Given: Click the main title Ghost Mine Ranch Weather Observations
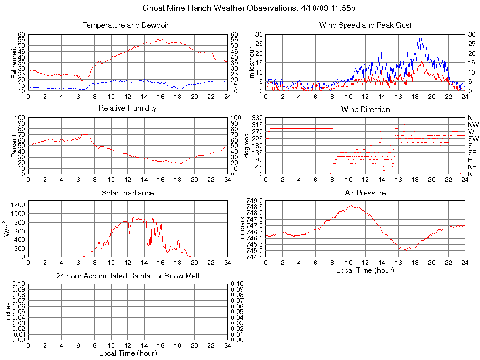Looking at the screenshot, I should point(252,8).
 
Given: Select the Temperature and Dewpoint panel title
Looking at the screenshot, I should point(127,25).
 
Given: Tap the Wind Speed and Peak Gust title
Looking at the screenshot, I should point(365,25).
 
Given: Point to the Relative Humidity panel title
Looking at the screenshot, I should point(127,108).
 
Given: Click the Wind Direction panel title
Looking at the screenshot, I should point(365,109).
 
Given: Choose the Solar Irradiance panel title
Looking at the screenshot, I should point(127,193).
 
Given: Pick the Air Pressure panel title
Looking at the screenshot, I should point(365,193).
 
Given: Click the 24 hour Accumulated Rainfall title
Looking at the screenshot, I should point(127,276).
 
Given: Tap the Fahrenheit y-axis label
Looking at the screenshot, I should point(14,62).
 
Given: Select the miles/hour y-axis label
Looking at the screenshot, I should point(252,62).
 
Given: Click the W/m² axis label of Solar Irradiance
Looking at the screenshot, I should point(7,229).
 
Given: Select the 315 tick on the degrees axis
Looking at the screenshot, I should point(257,125).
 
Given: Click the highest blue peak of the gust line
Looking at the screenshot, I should point(420,39).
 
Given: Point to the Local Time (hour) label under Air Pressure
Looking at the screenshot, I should point(365,270).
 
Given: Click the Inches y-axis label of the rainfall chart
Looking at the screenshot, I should point(8,312).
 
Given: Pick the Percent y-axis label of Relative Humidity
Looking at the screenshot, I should point(14,146).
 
